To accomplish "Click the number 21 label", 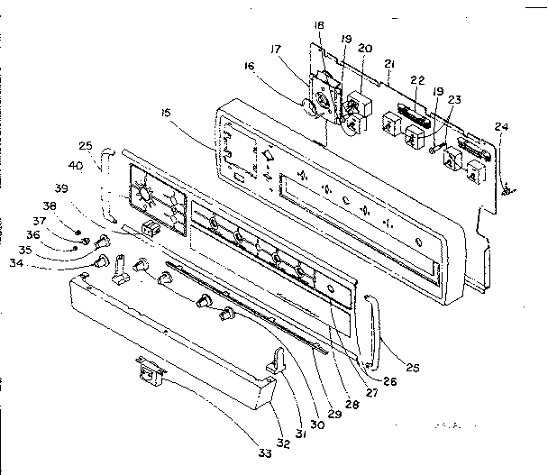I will (x=389, y=64).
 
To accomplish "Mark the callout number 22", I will (x=416, y=80).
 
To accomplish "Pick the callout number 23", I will (x=452, y=101).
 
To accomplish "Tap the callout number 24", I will (x=500, y=126).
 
